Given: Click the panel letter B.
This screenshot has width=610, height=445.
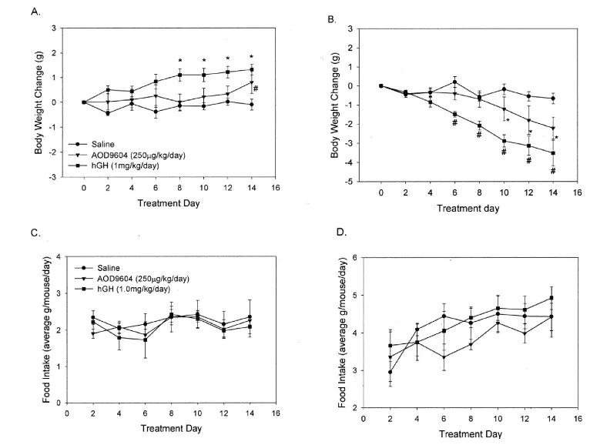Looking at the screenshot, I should tap(331, 15).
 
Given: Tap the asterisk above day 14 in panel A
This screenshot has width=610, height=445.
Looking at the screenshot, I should tap(251, 56).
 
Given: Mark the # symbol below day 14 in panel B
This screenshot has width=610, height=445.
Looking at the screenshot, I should tap(553, 170).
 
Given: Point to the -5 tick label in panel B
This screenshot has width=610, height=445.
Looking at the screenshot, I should tap(370, 182).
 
